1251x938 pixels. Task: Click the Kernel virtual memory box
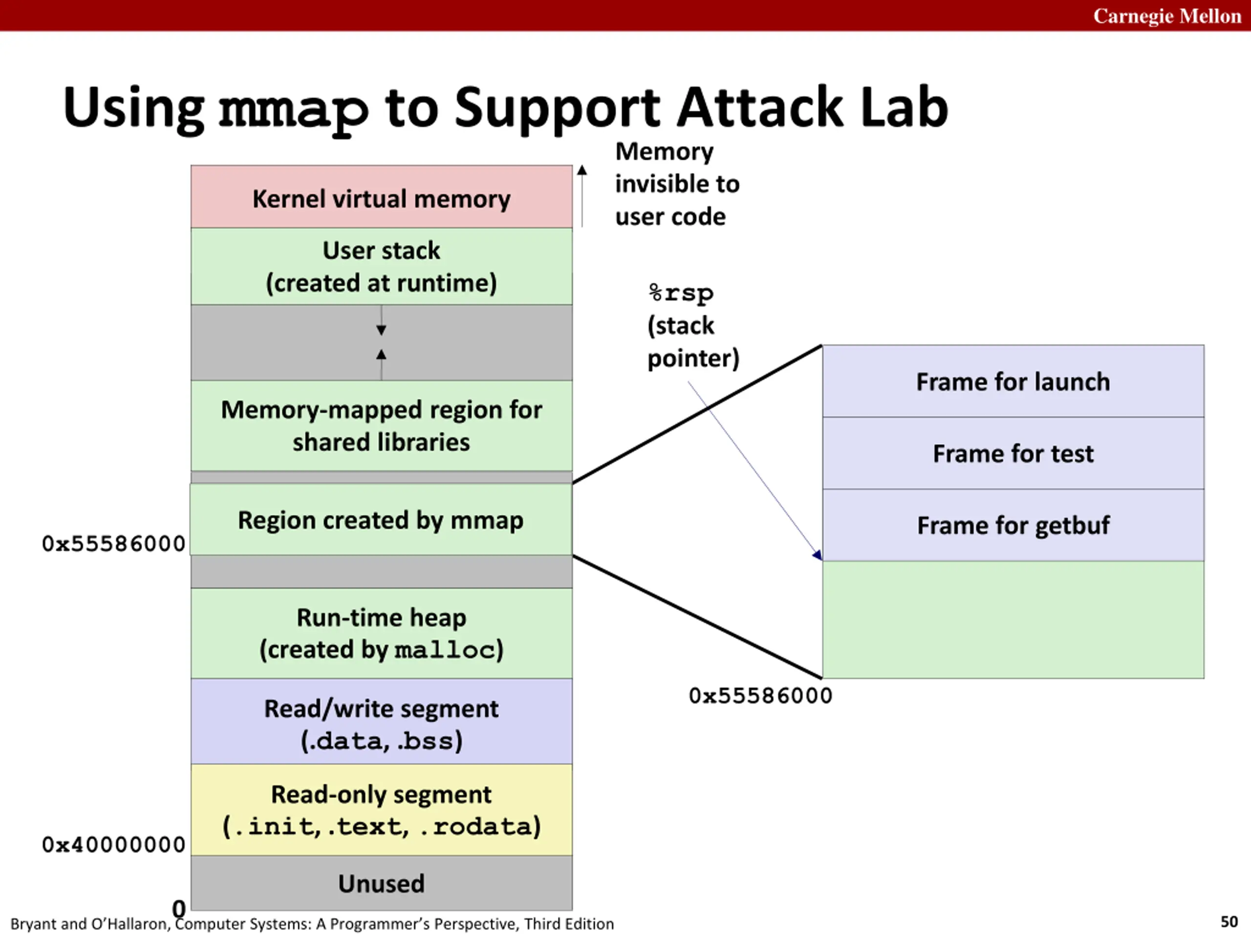coord(381,197)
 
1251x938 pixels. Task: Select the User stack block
coord(381,266)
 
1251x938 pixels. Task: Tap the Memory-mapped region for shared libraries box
coord(381,426)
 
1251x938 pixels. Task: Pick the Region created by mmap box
coord(381,520)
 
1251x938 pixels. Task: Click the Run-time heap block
coord(381,633)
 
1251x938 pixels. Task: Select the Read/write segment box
coord(381,722)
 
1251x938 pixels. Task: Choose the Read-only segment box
coord(381,810)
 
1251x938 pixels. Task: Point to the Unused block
coord(381,883)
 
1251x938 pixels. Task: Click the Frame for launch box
coord(1013,381)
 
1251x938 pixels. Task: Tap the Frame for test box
coord(1013,453)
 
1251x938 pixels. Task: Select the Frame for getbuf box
coord(1013,525)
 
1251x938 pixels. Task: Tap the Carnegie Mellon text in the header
coord(1167,16)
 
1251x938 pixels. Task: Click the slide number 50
coord(1229,921)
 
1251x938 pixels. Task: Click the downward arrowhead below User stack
coord(381,330)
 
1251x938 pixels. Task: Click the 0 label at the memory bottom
coord(179,909)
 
